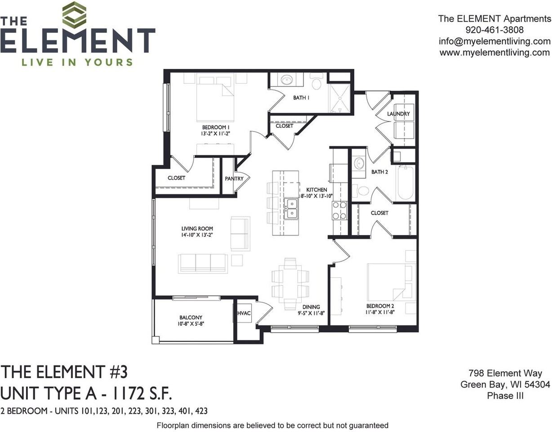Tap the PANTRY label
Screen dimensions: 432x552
click(x=234, y=179)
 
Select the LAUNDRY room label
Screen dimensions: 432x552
click(x=398, y=114)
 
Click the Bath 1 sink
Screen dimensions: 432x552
click(x=287, y=81)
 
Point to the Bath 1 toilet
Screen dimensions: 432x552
click(x=316, y=82)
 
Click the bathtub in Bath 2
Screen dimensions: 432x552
click(x=405, y=183)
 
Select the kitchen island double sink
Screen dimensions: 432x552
click(x=292, y=208)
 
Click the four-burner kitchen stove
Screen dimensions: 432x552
click(x=339, y=210)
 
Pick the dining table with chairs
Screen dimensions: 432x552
click(x=290, y=283)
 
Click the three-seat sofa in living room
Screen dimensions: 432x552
click(x=203, y=263)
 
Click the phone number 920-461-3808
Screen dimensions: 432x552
click(x=494, y=30)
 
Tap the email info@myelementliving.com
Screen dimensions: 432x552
click(x=494, y=41)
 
